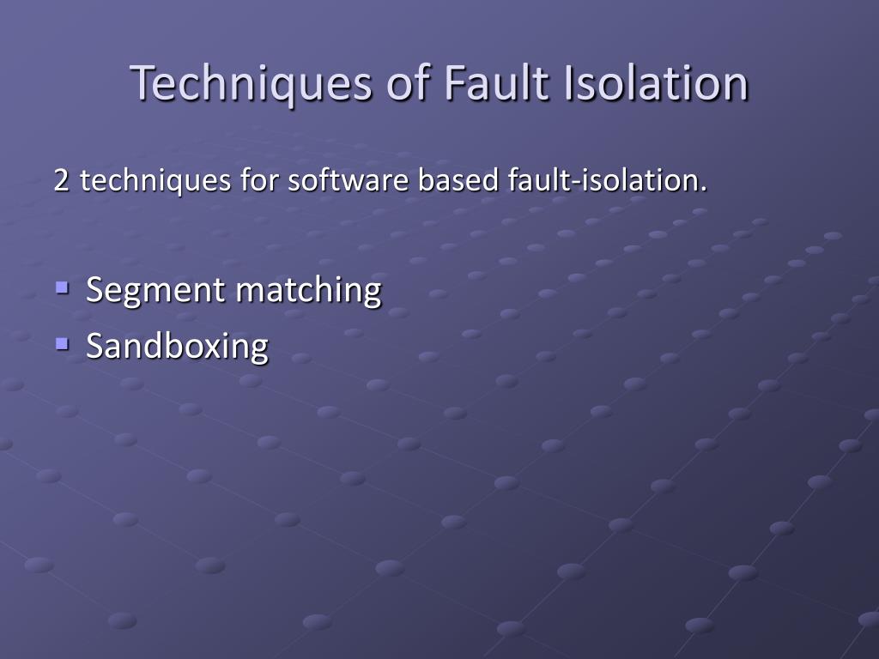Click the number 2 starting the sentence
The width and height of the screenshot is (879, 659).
click(x=61, y=181)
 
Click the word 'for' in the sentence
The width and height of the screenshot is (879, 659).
click(x=260, y=181)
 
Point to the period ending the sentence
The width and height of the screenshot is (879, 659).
click(x=705, y=189)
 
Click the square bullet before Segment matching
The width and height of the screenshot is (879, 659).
click(x=62, y=287)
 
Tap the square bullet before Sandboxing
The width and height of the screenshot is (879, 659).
click(x=62, y=343)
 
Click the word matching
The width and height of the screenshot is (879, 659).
click(x=308, y=290)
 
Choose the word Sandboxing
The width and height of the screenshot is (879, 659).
click(x=177, y=346)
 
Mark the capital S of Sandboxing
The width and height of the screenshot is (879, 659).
click(x=94, y=346)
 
